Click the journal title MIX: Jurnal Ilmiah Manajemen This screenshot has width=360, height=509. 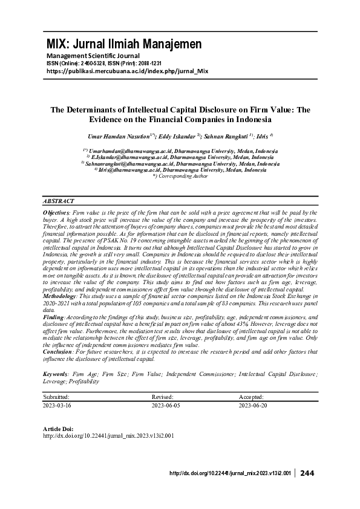(x=124, y=44)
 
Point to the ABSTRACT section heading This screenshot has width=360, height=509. (x=59, y=201)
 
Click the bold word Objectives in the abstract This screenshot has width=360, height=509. (x=56, y=213)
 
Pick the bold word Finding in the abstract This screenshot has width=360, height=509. (x=53, y=316)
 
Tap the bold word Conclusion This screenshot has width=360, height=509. (x=58, y=352)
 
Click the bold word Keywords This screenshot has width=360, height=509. (x=56, y=375)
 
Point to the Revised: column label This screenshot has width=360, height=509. (x=163, y=397)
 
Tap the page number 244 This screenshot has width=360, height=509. (x=307, y=473)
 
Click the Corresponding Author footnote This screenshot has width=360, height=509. (x=180, y=176)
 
